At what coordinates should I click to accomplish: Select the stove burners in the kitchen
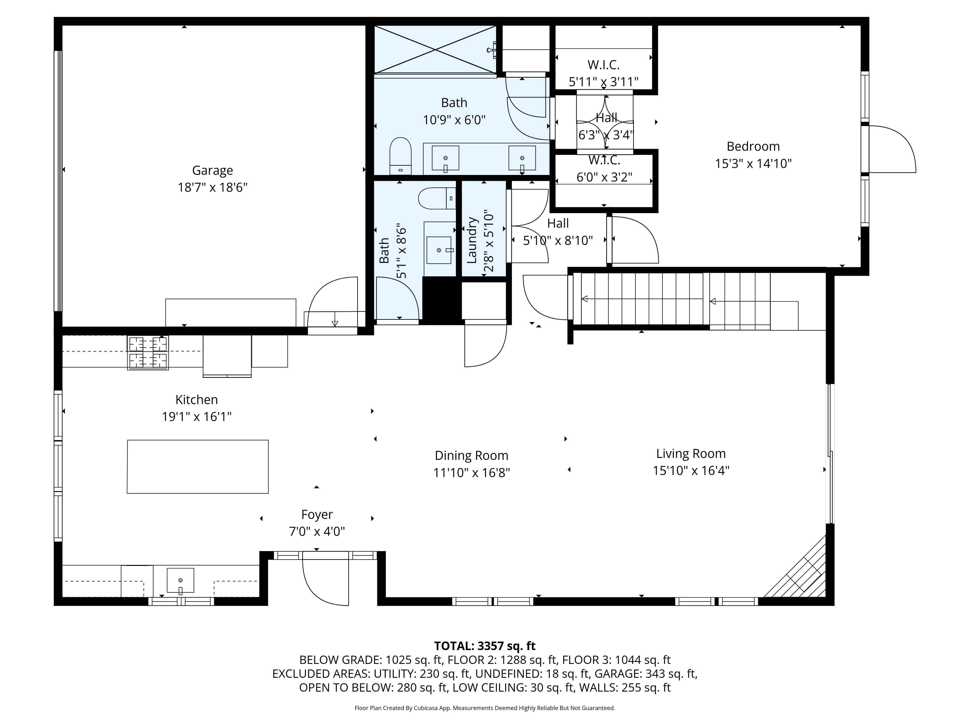point(148,353)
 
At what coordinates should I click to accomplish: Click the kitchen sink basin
point(180,580)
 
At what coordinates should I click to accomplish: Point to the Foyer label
point(317,514)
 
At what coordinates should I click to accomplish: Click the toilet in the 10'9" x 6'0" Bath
point(400,156)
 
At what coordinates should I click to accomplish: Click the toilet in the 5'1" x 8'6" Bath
point(437,198)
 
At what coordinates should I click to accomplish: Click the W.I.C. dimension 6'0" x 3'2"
point(604,177)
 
